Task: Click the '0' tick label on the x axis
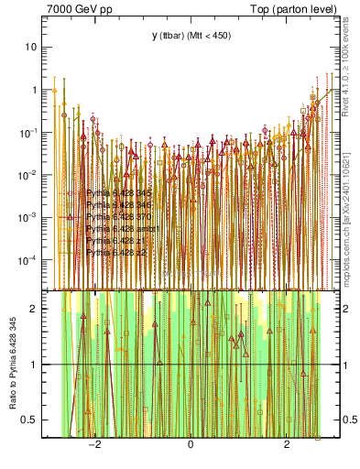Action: [x=191, y=445]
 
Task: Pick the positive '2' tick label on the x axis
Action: [x=287, y=445]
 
